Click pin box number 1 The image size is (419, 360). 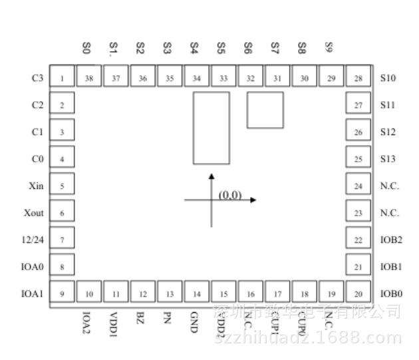tap(62, 79)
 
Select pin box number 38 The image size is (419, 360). tap(89, 79)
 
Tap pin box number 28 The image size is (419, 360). tap(358, 79)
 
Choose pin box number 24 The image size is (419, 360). tap(358, 186)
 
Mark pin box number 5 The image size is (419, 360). tap(62, 186)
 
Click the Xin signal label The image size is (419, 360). tap(36, 186)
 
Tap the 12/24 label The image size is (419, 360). tap(33, 240)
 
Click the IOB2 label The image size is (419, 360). tap(391, 240)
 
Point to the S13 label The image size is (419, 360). tap(388, 159)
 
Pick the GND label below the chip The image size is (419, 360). tap(194, 318)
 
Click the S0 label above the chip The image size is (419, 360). tap(86, 48)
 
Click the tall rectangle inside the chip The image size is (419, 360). tap(211, 128)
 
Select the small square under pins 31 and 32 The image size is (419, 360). tap(265, 110)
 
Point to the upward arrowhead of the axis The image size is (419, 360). tap(211, 176)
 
